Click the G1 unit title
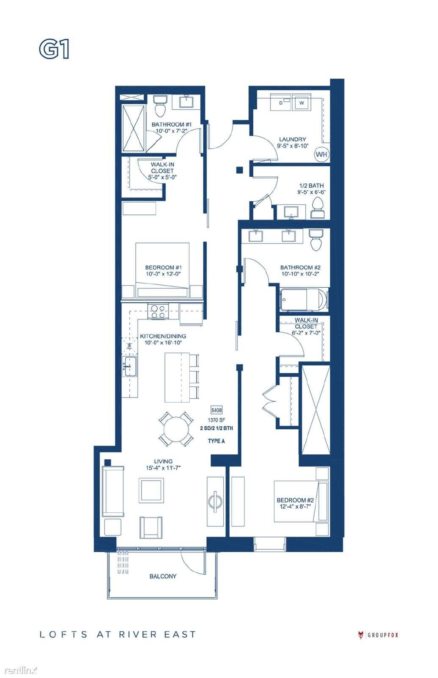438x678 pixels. (54, 49)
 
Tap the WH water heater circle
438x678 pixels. (321, 154)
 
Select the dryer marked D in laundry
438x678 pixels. (280, 103)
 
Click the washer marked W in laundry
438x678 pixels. (302, 103)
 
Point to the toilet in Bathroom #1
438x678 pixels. (159, 106)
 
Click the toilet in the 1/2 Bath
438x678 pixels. (317, 208)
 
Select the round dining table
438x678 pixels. (176, 428)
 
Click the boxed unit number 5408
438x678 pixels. (216, 410)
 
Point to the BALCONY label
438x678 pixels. (163, 576)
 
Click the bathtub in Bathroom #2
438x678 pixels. (304, 300)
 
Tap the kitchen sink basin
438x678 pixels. (130, 366)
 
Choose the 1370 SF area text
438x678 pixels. (216, 420)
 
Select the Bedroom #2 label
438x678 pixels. (295, 500)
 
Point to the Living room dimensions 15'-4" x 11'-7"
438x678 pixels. (164, 468)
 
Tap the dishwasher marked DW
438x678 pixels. (130, 346)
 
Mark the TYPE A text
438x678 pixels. (216, 441)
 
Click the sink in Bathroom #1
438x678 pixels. (187, 101)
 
